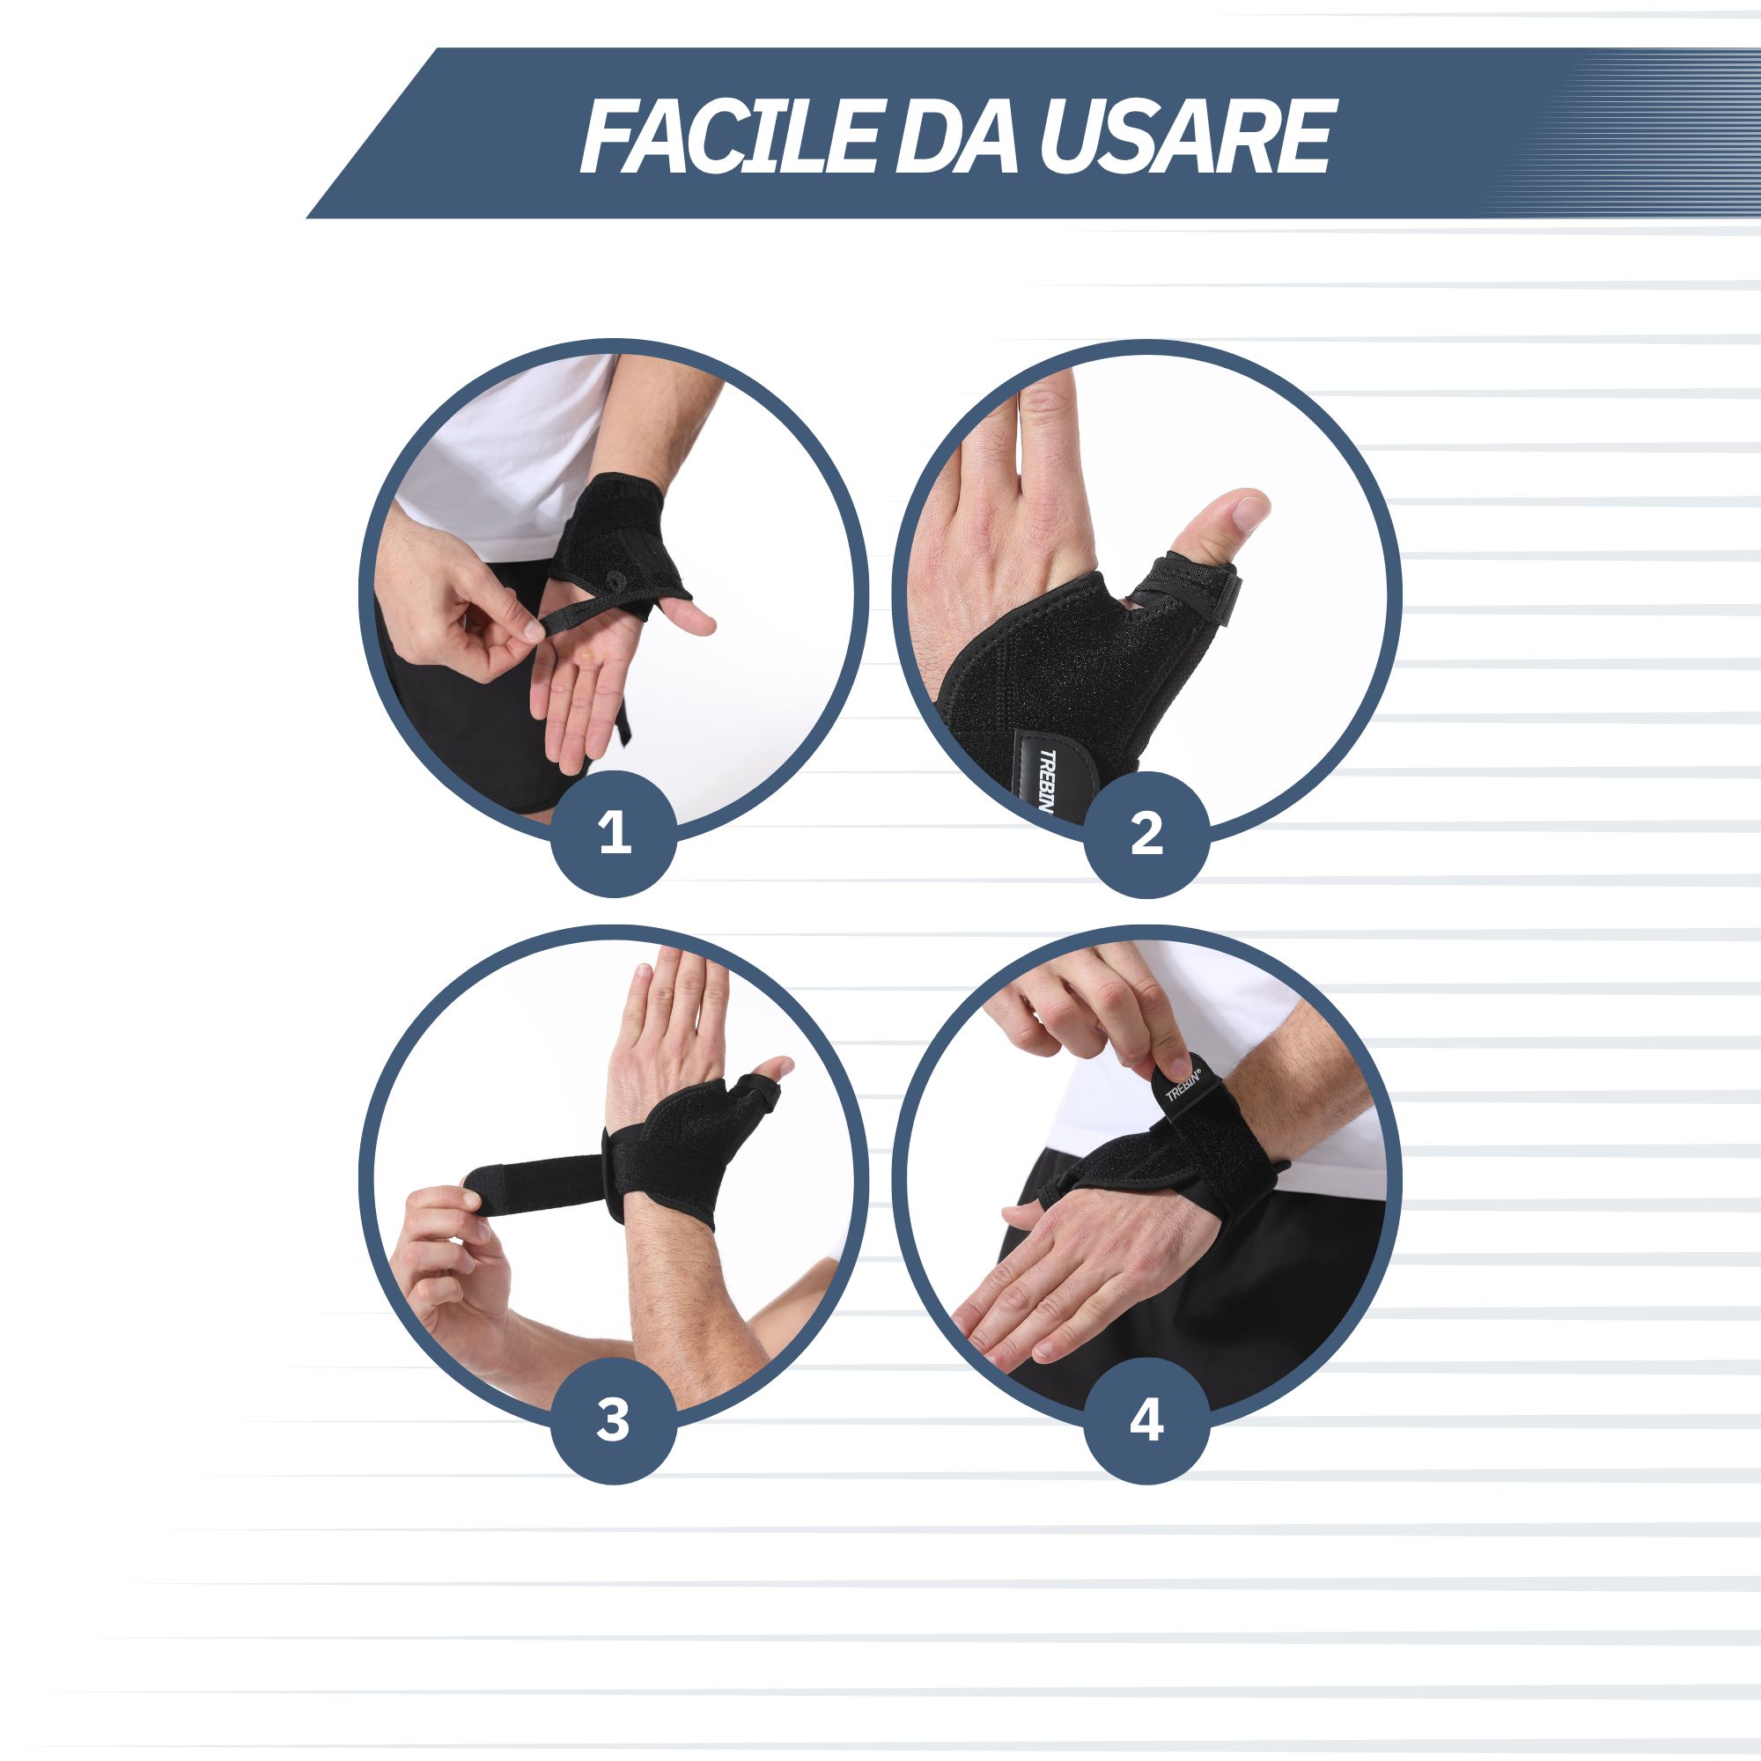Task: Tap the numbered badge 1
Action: coord(615,833)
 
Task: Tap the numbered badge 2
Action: coord(1146,833)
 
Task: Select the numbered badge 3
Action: coord(615,1421)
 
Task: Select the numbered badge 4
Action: coord(1146,1421)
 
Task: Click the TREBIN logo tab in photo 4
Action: coord(1184,1085)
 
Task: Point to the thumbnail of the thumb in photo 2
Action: coord(1246,511)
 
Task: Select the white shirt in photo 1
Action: coord(511,456)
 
